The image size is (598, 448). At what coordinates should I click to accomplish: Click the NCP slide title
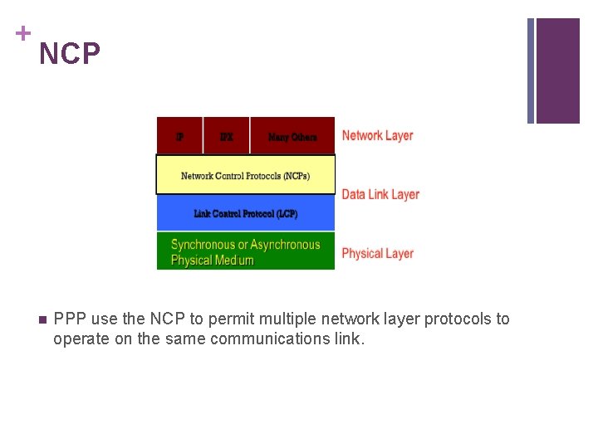(x=70, y=55)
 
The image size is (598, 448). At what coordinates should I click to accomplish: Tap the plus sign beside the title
(x=22, y=33)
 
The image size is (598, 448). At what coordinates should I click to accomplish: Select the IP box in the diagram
(x=179, y=136)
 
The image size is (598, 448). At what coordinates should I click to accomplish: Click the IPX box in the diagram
(x=226, y=136)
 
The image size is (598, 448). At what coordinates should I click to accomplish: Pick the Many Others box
(x=292, y=136)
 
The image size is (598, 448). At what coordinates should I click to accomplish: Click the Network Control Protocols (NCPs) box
(x=245, y=175)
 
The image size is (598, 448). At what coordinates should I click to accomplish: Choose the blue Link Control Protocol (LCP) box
(x=245, y=213)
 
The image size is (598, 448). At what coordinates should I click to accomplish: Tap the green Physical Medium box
(x=245, y=251)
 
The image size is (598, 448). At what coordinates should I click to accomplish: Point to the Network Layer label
(x=377, y=135)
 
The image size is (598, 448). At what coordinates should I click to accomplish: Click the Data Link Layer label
(x=380, y=194)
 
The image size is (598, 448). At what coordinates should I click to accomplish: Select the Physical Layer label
(x=377, y=253)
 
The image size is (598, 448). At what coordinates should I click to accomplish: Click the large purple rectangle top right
(x=557, y=71)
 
